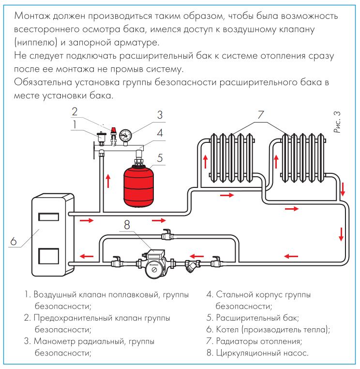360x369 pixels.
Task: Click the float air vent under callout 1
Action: click(101, 136)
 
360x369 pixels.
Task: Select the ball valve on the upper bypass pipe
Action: click(167, 235)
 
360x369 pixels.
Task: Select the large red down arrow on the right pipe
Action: click(341, 234)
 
